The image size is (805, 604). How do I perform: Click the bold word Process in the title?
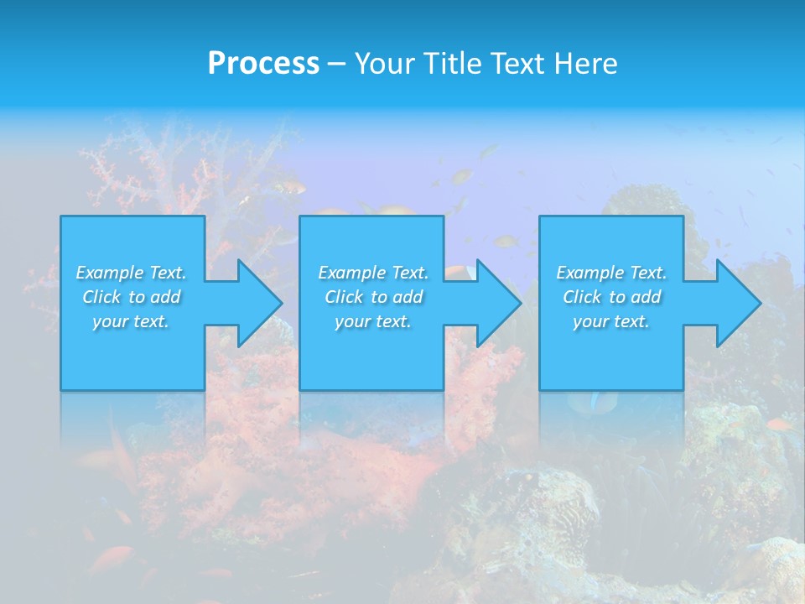[x=263, y=63]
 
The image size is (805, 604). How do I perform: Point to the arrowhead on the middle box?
[x=497, y=303]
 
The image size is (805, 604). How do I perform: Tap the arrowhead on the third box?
[x=737, y=303]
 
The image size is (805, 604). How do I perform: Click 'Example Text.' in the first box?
[x=132, y=273]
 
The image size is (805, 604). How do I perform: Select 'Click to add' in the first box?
[x=132, y=297]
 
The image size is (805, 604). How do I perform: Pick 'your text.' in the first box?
[x=132, y=321]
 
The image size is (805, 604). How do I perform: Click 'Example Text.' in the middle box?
[x=373, y=273]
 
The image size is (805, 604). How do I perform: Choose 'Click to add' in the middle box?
[x=373, y=297]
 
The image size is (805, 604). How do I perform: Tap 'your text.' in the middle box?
[x=373, y=321]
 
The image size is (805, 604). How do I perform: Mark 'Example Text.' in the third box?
[x=611, y=273]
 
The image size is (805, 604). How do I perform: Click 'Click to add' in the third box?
[x=611, y=297]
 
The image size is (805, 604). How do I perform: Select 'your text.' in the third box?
[x=611, y=321]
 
